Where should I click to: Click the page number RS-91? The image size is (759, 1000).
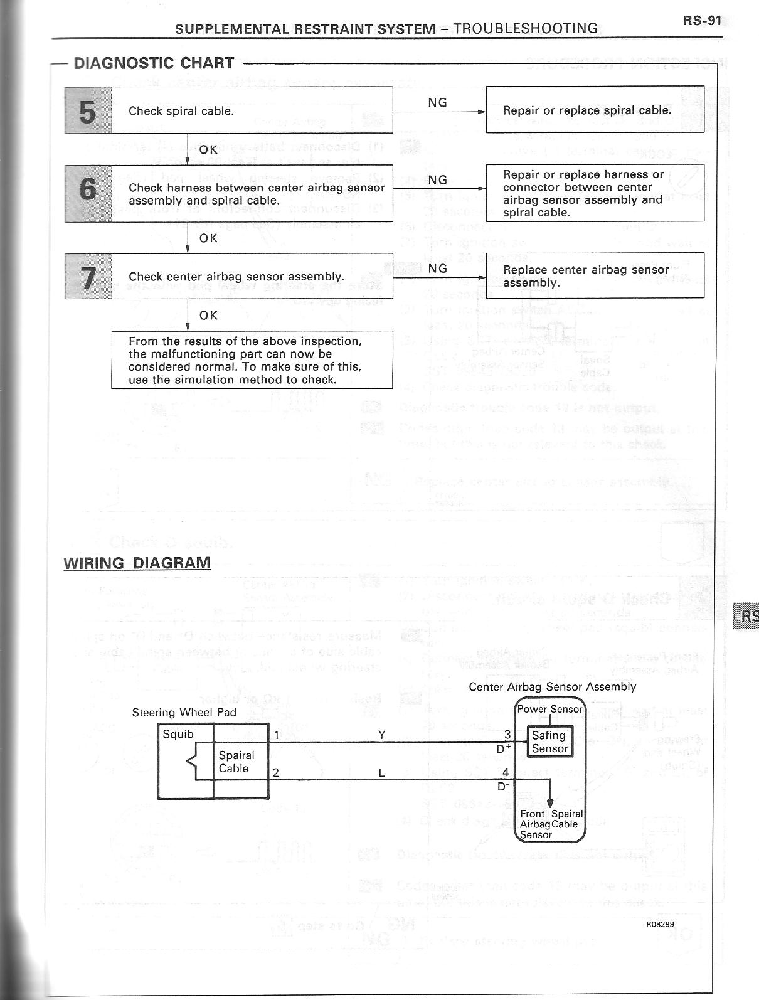pyautogui.click(x=703, y=21)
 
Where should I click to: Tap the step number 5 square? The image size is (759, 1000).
pyautogui.click(x=88, y=110)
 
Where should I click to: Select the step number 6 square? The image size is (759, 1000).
pyautogui.click(x=88, y=193)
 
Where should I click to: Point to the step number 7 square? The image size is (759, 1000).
pyautogui.click(x=88, y=276)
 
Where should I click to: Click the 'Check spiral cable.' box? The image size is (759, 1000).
pyautogui.click(x=252, y=110)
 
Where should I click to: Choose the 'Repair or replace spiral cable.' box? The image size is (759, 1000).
pyautogui.click(x=595, y=110)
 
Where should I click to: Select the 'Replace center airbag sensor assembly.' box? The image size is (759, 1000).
pyautogui.click(x=595, y=275)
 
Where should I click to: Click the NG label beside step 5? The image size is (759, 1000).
pyautogui.click(x=437, y=103)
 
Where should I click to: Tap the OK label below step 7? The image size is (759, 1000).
pyautogui.click(x=208, y=316)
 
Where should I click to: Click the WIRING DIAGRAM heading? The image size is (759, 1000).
pyautogui.click(x=137, y=563)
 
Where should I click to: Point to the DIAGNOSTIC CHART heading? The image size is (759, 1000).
pyautogui.click(x=154, y=63)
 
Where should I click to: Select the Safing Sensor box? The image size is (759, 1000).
pyautogui.click(x=549, y=742)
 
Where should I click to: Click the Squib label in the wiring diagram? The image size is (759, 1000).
pyautogui.click(x=178, y=734)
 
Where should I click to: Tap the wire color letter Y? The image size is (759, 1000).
pyautogui.click(x=382, y=735)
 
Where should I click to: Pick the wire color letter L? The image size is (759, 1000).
pyautogui.click(x=381, y=773)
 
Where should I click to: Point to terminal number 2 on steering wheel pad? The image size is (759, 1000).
pyautogui.click(x=275, y=773)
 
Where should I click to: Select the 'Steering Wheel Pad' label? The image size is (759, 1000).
pyautogui.click(x=184, y=713)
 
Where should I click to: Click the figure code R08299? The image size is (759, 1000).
pyautogui.click(x=661, y=924)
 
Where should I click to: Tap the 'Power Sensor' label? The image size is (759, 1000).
pyautogui.click(x=549, y=710)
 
